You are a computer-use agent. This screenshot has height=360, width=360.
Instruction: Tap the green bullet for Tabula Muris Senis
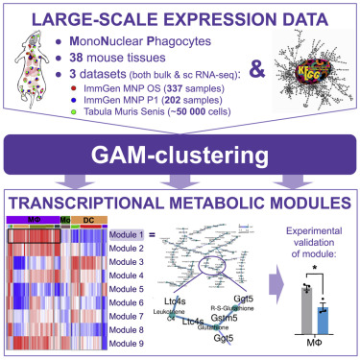coord(88,116)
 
